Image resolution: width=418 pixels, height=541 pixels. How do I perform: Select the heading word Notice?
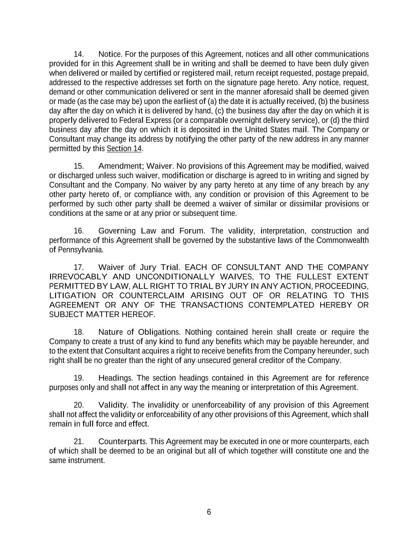tap(110, 54)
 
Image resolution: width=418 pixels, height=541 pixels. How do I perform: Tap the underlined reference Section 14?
tap(124, 149)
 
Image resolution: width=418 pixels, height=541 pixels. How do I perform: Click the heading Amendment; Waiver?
tap(136, 166)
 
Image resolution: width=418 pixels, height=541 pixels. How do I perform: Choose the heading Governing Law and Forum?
tap(151, 231)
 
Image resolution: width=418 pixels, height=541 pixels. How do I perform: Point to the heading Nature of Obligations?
tap(139, 333)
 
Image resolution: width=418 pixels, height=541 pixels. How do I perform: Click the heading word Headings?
tap(115, 379)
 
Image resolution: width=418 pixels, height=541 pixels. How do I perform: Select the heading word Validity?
tap(113, 405)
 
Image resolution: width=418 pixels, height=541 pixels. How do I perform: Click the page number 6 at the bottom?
tap(209, 512)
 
